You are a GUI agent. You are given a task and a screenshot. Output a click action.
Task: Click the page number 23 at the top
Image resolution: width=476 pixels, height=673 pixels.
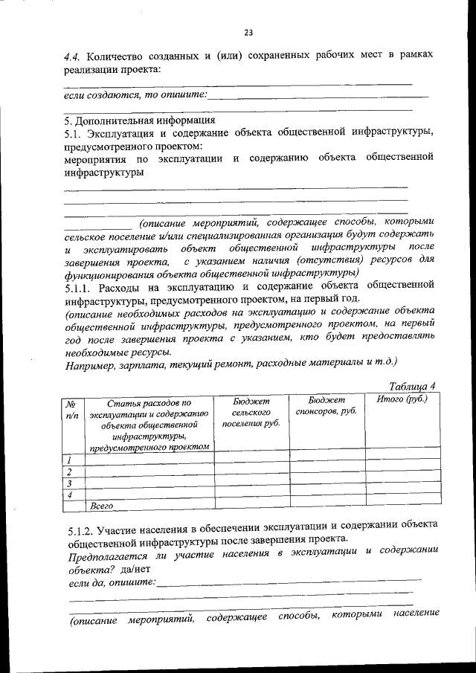[248, 32]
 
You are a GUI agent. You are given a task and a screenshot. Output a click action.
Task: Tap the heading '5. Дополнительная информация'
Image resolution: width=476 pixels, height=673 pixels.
[139, 119]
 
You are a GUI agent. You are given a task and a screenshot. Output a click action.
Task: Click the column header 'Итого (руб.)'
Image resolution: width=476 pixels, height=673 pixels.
[402, 401]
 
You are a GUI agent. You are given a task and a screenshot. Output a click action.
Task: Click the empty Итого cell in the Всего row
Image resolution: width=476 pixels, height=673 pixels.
[402, 506]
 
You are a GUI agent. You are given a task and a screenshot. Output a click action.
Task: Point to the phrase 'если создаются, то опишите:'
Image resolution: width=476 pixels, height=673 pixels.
[135, 94]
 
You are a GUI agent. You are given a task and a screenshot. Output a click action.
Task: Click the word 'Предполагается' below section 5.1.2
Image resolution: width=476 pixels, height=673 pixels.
[110, 556]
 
